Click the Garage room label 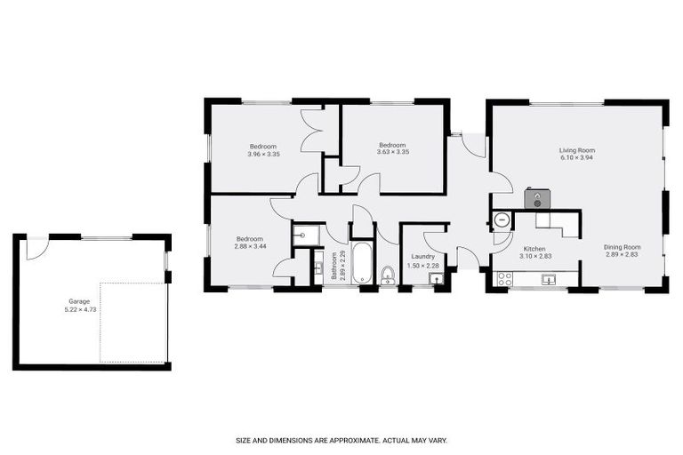[x=79, y=301]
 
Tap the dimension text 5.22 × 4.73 [x=79, y=309]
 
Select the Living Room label [x=576, y=150]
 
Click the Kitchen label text [x=534, y=249]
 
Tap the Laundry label [x=422, y=257]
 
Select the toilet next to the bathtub [x=387, y=275]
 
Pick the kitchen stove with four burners [x=504, y=279]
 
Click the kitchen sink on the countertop [x=550, y=280]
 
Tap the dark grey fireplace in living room [x=537, y=200]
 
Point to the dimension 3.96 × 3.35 [x=263, y=155]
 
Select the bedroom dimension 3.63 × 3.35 [x=392, y=153]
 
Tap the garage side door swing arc [x=36, y=249]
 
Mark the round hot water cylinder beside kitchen [x=501, y=220]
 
